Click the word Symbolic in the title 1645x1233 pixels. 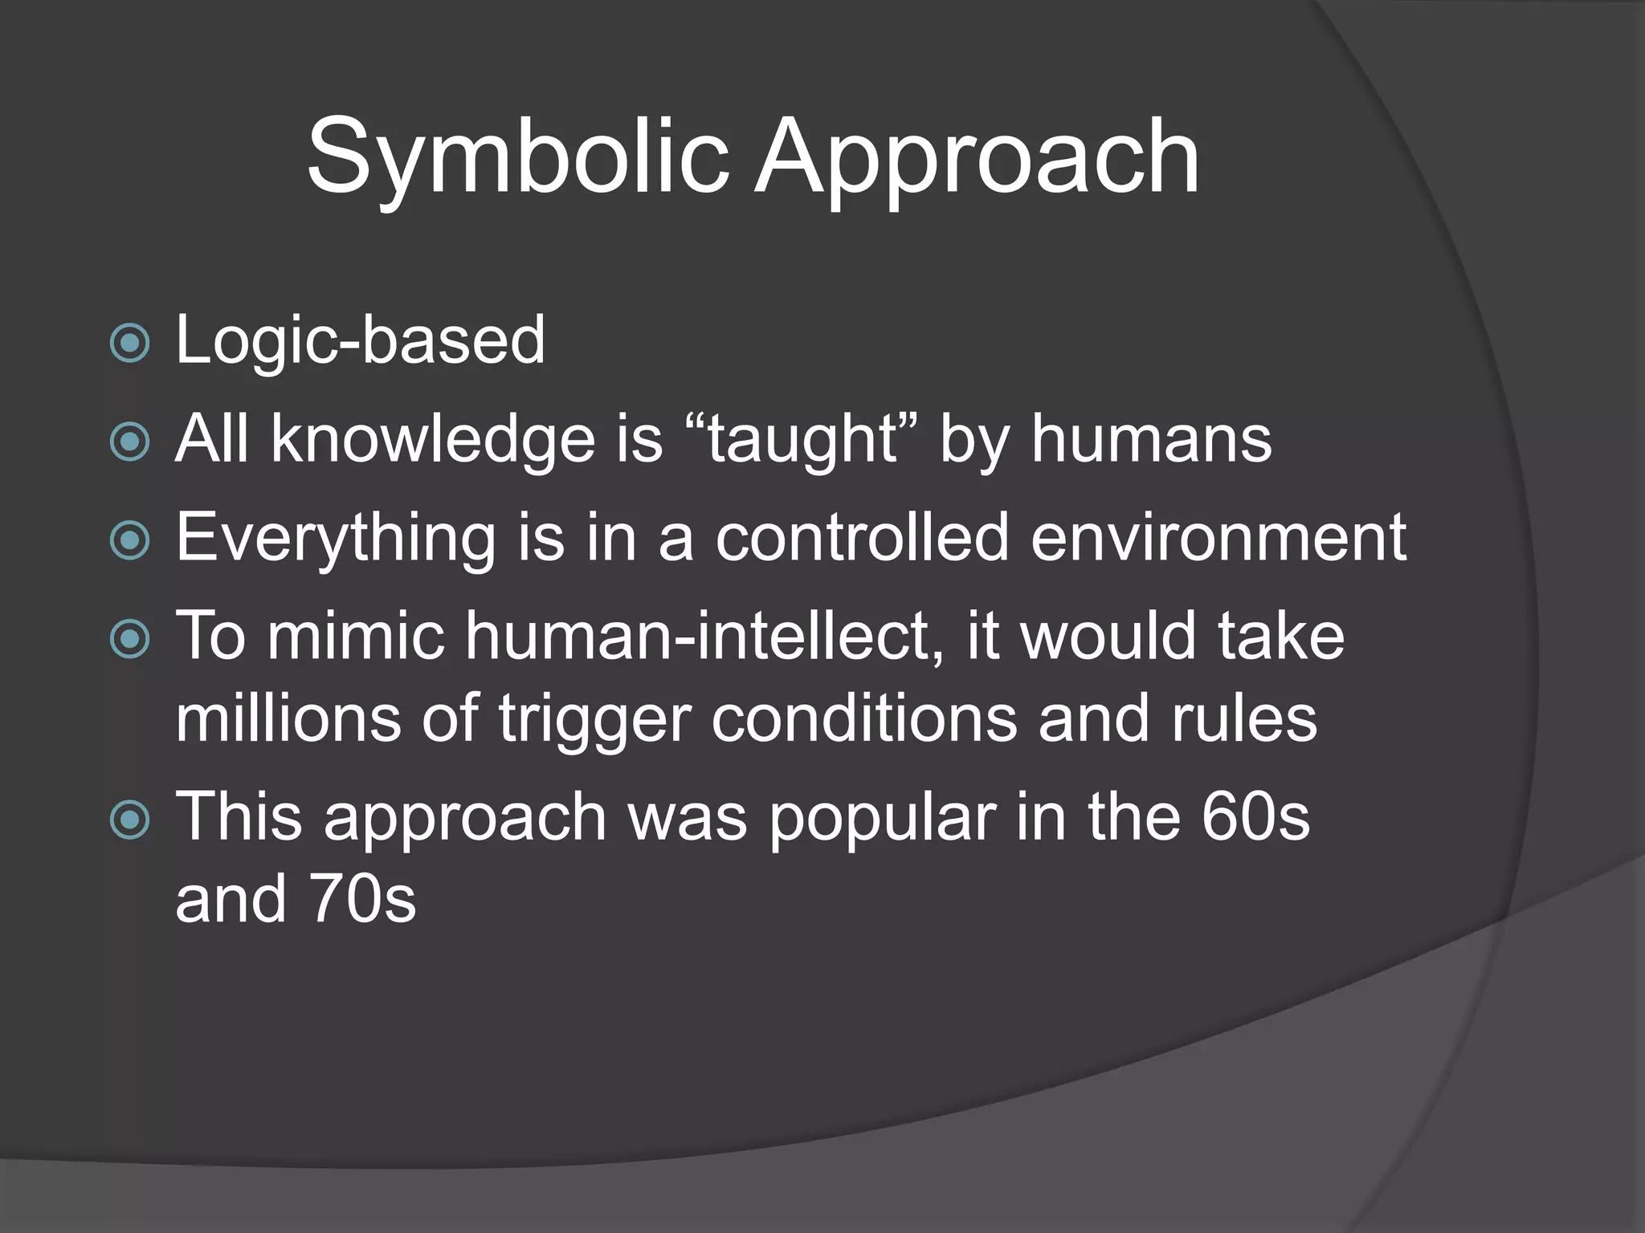click(x=517, y=157)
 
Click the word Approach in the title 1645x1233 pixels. click(x=976, y=157)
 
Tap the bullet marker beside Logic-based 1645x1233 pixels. click(x=129, y=344)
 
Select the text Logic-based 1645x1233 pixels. click(x=360, y=340)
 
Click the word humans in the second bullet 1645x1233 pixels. click(x=1151, y=440)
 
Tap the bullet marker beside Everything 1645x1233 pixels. click(x=129, y=540)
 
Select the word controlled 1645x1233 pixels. click(x=862, y=537)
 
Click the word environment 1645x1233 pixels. click(x=1218, y=537)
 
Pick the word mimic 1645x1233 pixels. click(x=356, y=636)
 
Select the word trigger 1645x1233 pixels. click(x=594, y=719)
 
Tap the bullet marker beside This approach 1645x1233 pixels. click(x=129, y=820)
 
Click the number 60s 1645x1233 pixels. click(x=1255, y=816)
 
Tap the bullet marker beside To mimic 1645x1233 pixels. click(x=129, y=639)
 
